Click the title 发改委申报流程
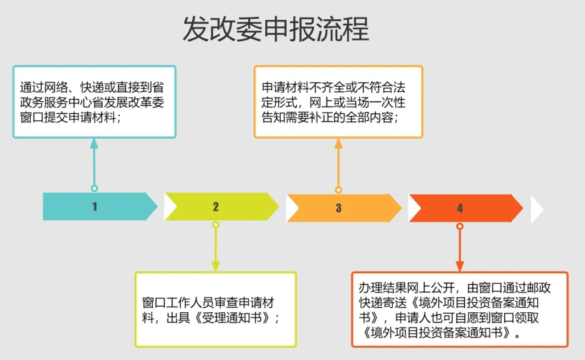276,29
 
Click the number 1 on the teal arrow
95,207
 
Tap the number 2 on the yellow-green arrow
216,207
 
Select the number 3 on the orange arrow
338,208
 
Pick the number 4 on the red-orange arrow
460,208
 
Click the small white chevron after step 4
537,209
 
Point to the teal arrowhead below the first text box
94,144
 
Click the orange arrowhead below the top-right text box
338,144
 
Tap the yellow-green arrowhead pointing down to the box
216,266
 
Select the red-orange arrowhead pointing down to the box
460,266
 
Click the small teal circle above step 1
94,188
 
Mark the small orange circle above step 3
338,190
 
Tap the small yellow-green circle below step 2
216,224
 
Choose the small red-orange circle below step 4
460,226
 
